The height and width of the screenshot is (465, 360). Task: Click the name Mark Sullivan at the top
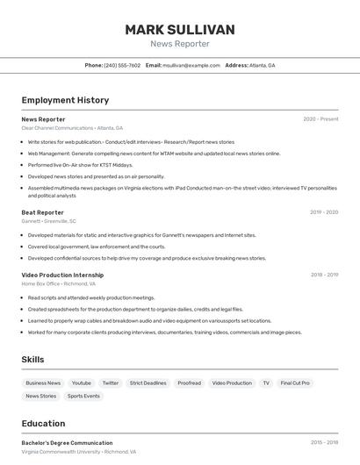tap(180, 30)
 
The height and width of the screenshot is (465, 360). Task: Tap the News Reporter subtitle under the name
tap(180, 44)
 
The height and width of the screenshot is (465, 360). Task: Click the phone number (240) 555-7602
tap(122, 65)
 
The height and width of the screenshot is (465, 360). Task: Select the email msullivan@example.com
tap(191, 65)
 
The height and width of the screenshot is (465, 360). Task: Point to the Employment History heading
tap(65, 100)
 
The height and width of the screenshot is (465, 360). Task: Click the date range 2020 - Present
tap(320, 118)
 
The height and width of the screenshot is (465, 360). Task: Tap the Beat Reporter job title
tap(42, 212)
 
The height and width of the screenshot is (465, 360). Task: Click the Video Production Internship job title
tap(62, 275)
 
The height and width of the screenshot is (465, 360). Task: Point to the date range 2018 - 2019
tap(324, 275)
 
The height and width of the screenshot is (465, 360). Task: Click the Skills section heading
tap(32, 360)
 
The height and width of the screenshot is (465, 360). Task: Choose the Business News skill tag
tap(43, 383)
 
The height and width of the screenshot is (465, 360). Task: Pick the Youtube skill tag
tap(82, 383)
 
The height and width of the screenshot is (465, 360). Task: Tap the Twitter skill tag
tap(110, 383)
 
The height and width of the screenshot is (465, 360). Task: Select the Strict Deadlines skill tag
tap(148, 383)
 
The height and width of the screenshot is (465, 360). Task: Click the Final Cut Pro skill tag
tap(295, 383)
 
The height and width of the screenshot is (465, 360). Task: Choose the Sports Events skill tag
tap(84, 397)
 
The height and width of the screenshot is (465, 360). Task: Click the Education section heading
tap(43, 423)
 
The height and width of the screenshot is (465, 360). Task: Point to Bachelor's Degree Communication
tap(67, 443)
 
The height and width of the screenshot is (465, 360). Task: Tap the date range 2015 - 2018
tap(324, 443)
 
